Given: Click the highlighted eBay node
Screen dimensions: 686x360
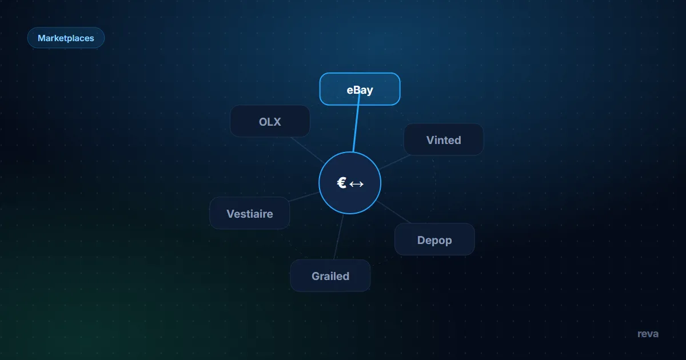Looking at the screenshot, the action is click(360, 89).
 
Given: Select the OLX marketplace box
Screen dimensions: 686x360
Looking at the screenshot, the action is click(270, 121).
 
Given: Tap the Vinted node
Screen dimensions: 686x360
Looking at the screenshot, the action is click(444, 139).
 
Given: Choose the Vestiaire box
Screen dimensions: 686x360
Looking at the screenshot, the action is click(250, 213).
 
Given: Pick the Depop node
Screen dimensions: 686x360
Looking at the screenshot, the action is click(434, 239).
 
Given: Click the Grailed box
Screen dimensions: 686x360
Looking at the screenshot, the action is click(330, 275).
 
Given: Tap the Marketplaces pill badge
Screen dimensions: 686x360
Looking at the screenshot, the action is click(66, 38).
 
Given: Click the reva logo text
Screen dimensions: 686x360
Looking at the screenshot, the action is click(648, 334).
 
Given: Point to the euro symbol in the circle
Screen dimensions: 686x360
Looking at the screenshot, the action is click(341, 183).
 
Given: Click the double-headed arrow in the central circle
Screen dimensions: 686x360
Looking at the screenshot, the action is click(357, 184).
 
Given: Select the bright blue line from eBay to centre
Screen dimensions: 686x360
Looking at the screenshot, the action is click(356, 122).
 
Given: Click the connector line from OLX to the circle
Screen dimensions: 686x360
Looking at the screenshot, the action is click(307, 150).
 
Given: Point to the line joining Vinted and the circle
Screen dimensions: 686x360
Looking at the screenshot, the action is click(395, 162).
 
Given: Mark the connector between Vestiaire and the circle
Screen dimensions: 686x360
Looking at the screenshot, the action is click(304, 197).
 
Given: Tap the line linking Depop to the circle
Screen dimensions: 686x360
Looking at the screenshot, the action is click(393, 212).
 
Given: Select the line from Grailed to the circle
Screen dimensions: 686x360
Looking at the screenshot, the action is click(338, 237).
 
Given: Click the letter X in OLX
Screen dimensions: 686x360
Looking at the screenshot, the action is click(277, 122).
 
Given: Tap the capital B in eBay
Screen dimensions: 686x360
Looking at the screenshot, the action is click(356, 90).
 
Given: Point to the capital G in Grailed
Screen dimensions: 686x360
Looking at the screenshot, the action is click(316, 276).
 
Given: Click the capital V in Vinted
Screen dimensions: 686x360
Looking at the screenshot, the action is click(430, 140).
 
